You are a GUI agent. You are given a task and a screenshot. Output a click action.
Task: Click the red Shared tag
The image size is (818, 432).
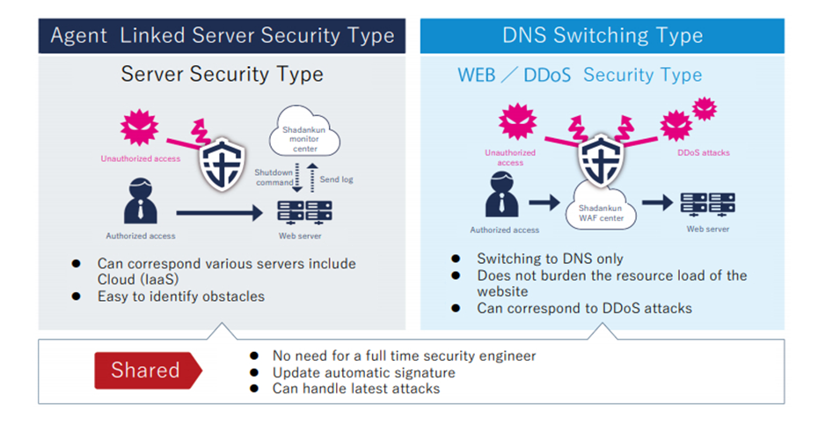coord(148,370)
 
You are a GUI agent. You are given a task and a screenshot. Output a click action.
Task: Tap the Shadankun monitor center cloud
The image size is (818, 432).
coord(304,131)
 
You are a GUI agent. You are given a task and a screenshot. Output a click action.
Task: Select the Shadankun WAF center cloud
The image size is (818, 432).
coord(601,209)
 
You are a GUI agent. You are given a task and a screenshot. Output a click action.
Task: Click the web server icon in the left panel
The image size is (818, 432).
coord(304,212)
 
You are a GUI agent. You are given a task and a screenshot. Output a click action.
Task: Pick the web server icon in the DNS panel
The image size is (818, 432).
coord(707,204)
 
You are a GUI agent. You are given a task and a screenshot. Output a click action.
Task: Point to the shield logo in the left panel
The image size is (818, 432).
coord(223,164)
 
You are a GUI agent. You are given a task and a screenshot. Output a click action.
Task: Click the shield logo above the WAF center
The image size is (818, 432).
coord(601,159)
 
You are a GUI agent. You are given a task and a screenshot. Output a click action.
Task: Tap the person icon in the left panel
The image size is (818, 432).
coord(141,201)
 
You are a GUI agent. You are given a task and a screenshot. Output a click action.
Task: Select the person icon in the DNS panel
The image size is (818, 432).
coord(502,194)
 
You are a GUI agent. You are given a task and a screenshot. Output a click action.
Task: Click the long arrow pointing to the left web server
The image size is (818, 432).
coord(220,213)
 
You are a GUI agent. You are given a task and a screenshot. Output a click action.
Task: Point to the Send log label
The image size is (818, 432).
coord(337,179)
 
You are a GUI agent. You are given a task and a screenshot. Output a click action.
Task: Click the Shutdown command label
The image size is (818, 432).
coord(274,178)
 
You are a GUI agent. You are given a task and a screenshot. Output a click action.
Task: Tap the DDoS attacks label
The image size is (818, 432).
coord(704,153)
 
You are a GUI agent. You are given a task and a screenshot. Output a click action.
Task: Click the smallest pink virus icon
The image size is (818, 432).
coord(705,109)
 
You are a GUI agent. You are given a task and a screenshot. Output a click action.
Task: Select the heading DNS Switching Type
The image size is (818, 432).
coord(603,35)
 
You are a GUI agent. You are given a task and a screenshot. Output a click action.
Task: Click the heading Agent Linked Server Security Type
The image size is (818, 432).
coord(223,35)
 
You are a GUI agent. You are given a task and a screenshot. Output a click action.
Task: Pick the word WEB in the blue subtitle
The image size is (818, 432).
coord(477,75)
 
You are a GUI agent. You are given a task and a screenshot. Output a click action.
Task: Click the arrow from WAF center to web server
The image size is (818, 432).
coord(657,202)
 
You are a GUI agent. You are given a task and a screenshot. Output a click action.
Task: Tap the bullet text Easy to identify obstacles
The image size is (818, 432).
coord(181,297)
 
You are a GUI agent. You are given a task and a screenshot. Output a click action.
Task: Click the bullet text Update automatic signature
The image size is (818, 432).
coord(363,372)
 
